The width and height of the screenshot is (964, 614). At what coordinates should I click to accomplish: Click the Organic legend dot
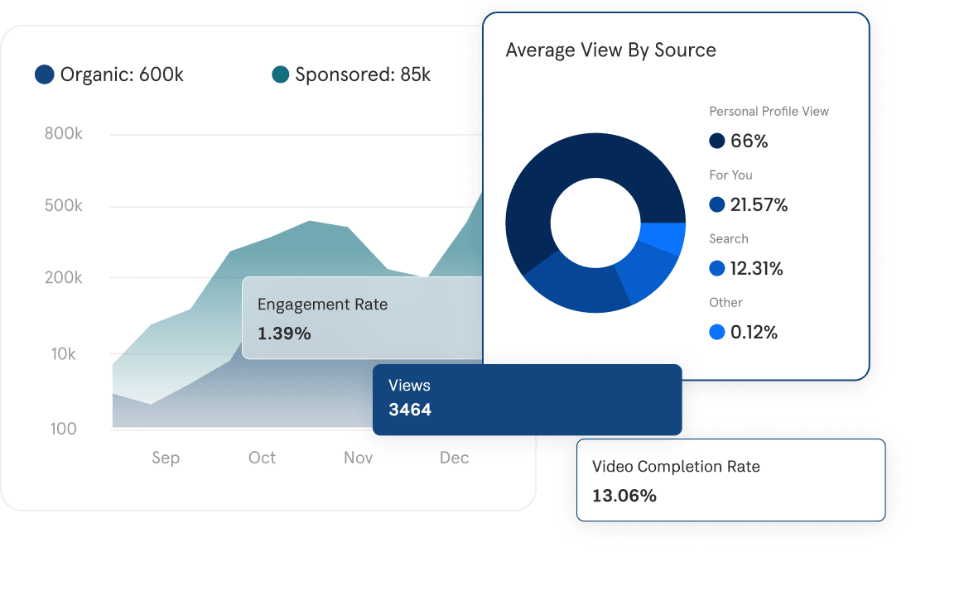[45, 74]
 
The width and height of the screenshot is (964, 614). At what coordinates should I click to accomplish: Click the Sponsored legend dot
[280, 74]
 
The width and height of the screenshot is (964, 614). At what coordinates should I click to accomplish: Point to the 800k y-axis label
[64, 133]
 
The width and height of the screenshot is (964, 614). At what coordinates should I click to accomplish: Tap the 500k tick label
[64, 205]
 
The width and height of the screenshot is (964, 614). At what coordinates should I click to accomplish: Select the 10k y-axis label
[64, 354]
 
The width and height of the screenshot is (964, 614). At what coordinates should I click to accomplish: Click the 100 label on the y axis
[64, 429]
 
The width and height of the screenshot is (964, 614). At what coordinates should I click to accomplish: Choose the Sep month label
[166, 458]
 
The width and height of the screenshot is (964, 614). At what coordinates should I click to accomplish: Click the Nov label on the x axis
[359, 458]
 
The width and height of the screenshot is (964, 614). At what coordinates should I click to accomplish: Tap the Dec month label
[455, 458]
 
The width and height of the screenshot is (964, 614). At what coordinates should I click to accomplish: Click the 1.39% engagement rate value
[284, 333]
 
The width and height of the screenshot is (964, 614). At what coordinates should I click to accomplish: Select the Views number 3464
[410, 410]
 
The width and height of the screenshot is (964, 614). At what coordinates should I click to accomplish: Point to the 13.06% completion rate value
[624, 496]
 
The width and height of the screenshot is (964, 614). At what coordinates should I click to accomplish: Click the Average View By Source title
[610, 50]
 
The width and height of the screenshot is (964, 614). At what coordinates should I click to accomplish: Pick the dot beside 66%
[717, 142]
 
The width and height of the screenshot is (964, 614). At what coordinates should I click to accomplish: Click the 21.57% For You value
[759, 205]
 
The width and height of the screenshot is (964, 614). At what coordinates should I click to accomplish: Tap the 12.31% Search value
[756, 269]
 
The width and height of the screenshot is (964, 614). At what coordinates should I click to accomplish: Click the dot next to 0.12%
[717, 333]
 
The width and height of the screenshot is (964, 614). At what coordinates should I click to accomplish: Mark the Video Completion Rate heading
[676, 467]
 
